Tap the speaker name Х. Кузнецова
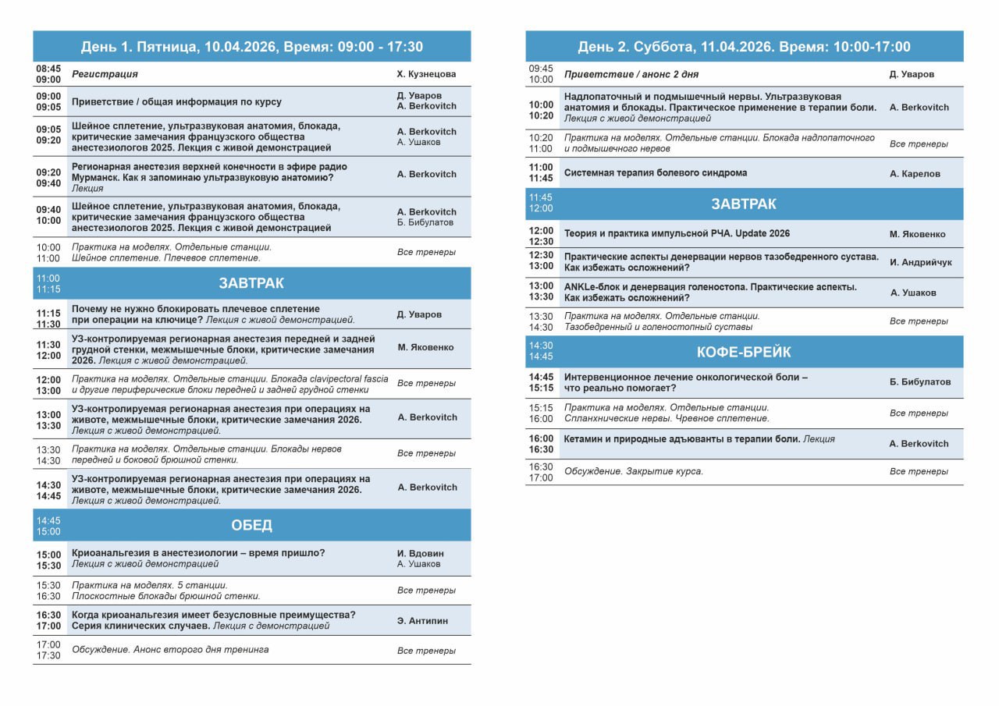coord(426,74)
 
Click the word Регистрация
coord(105,74)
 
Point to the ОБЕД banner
coord(251,525)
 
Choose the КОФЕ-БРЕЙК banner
coord(744,352)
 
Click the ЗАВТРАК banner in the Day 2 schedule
coord(744,204)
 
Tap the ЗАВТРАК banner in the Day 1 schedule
coord(251,283)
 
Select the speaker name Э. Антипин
coord(422,621)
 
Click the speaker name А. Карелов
coord(915,174)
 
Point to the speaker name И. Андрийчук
coord(920,262)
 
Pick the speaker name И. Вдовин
coord(420,554)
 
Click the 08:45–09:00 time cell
coord(48,74)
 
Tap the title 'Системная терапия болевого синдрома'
coord(656,173)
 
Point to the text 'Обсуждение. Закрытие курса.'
coord(633,471)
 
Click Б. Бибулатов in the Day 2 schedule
coord(920,382)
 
